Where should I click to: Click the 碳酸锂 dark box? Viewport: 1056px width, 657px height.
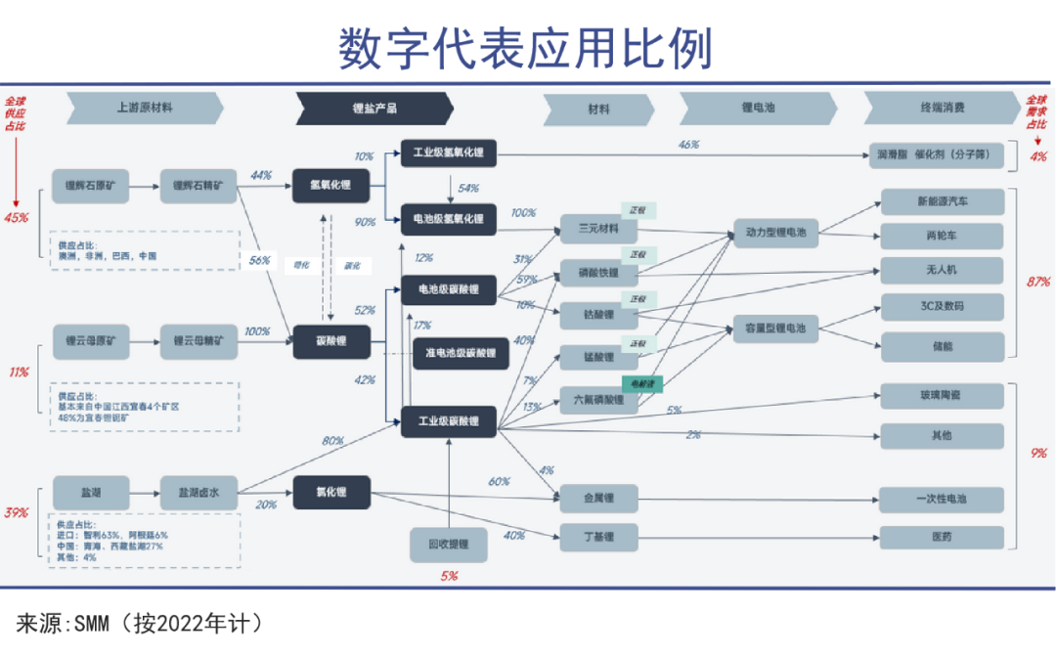330,342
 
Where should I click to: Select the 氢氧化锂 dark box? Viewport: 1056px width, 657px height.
330,185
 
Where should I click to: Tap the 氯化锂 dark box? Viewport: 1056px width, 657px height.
330,493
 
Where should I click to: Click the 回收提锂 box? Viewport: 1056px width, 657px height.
450,544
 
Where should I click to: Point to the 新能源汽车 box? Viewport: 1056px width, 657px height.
943,201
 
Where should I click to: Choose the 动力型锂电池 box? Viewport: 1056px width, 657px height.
775,233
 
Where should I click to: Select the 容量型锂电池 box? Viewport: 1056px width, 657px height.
775,329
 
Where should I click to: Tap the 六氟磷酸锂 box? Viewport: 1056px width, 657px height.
598,400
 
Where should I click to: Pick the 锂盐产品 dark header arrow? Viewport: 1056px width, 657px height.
374,109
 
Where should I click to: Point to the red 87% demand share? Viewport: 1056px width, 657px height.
1038,283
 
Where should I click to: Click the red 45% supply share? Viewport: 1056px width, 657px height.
17,217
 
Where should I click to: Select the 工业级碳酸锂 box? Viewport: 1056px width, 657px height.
449,421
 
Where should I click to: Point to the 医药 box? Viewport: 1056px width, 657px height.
942,537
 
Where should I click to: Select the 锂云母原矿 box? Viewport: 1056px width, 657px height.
90,342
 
